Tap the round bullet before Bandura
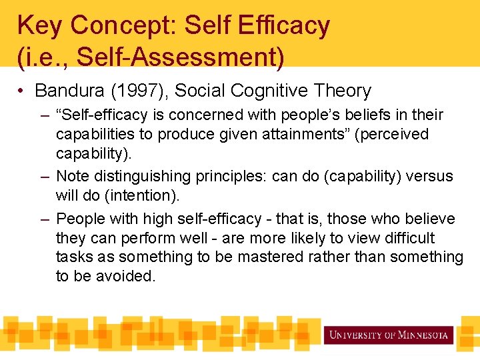click(23, 91)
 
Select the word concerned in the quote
click(189, 115)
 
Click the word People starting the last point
click(81, 219)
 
